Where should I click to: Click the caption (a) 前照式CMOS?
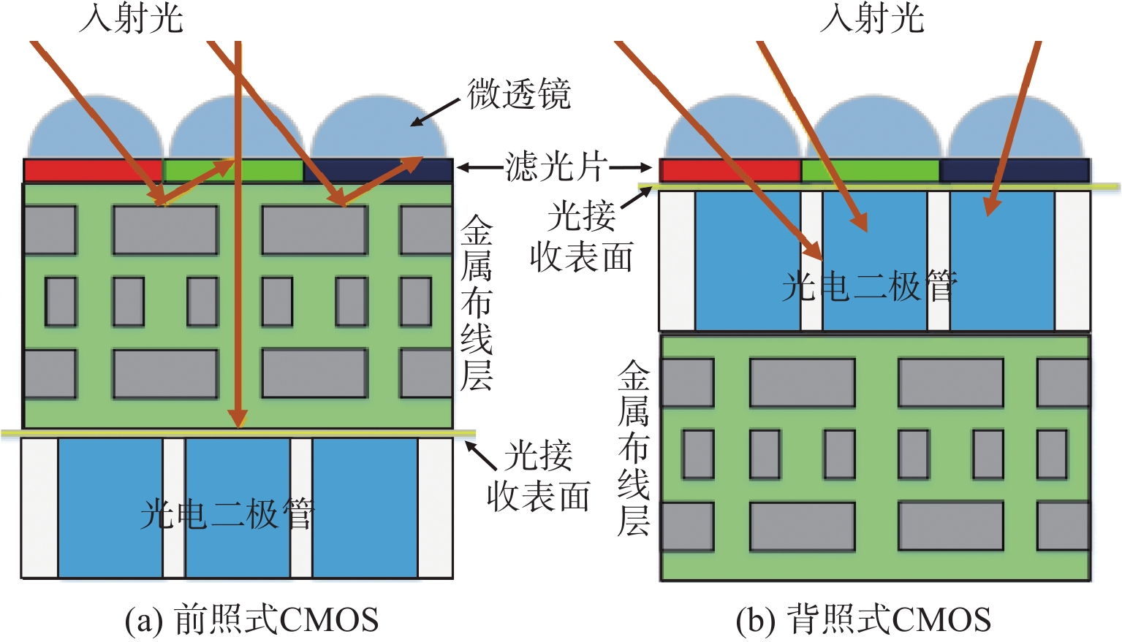coord(251,620)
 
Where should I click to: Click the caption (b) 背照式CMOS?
coord(863,620)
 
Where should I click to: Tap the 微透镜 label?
coord(518,95)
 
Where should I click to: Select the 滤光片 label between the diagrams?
coord(555,167)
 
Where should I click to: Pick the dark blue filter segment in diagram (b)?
coord(1015,170)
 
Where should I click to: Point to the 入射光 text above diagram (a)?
coord(131,18)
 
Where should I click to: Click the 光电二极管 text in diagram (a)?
coord(227,513)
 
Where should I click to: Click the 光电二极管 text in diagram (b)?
coord(869,286)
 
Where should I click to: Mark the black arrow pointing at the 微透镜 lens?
coord(436,112)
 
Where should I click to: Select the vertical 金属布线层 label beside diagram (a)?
coord(477,303)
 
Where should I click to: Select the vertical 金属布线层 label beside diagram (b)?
coord(633,448)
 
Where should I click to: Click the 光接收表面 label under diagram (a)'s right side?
coord(539,476)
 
